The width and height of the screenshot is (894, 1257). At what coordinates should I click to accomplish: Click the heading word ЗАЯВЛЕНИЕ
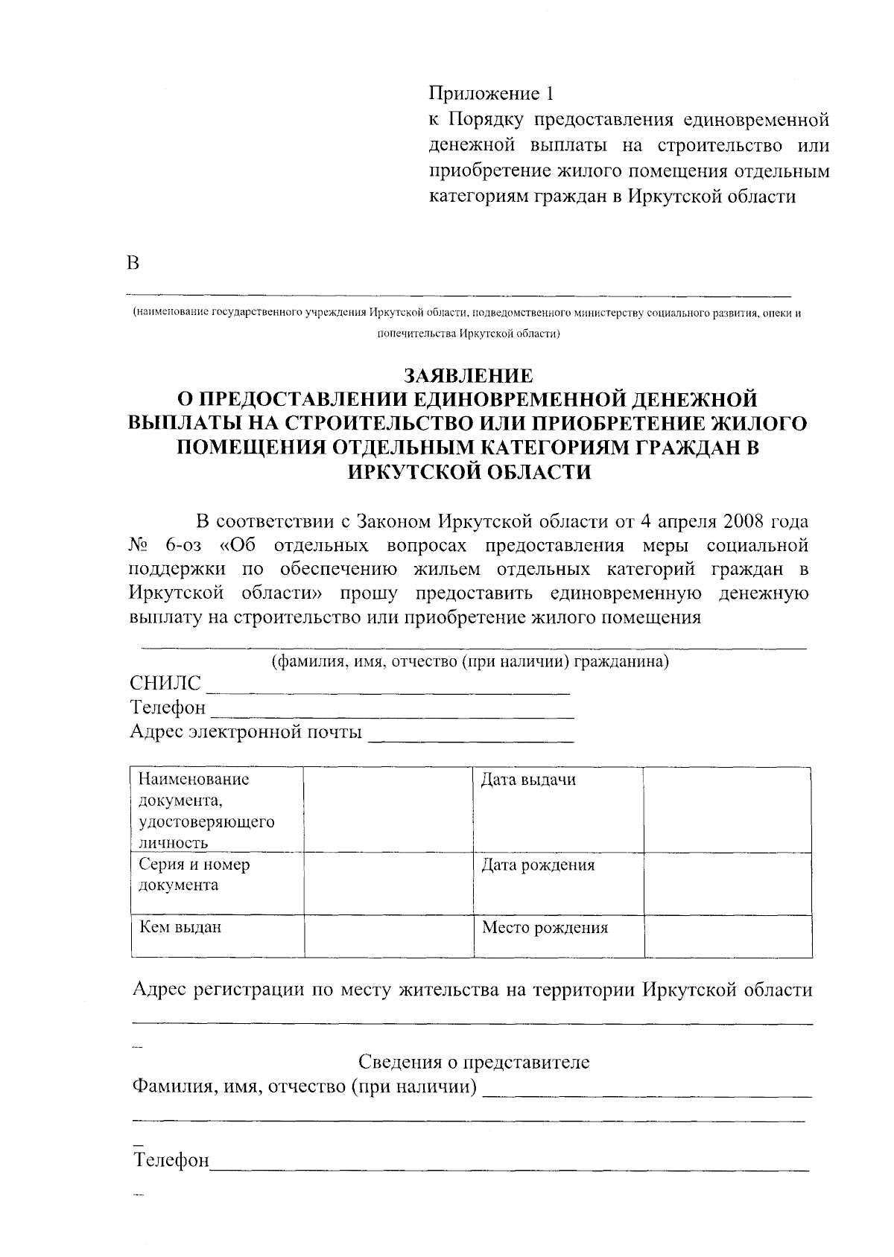[x=469, y=375]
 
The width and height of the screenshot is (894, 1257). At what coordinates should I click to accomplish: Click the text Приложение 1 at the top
[x=492, y=94]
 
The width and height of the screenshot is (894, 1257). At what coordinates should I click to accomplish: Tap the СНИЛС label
[x=165, y=684]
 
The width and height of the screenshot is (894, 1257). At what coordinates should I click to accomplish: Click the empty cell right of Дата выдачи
[x=727, y=810]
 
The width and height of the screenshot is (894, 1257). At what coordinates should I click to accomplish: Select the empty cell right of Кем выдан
[x=389, y=936]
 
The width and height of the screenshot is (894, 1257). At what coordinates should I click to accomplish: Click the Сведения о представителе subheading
[x=474, y=1062]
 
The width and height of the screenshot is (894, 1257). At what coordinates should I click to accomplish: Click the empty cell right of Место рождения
[x=728, y=936]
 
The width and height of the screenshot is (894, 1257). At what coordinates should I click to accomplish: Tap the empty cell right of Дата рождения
[x=727, y=883]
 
